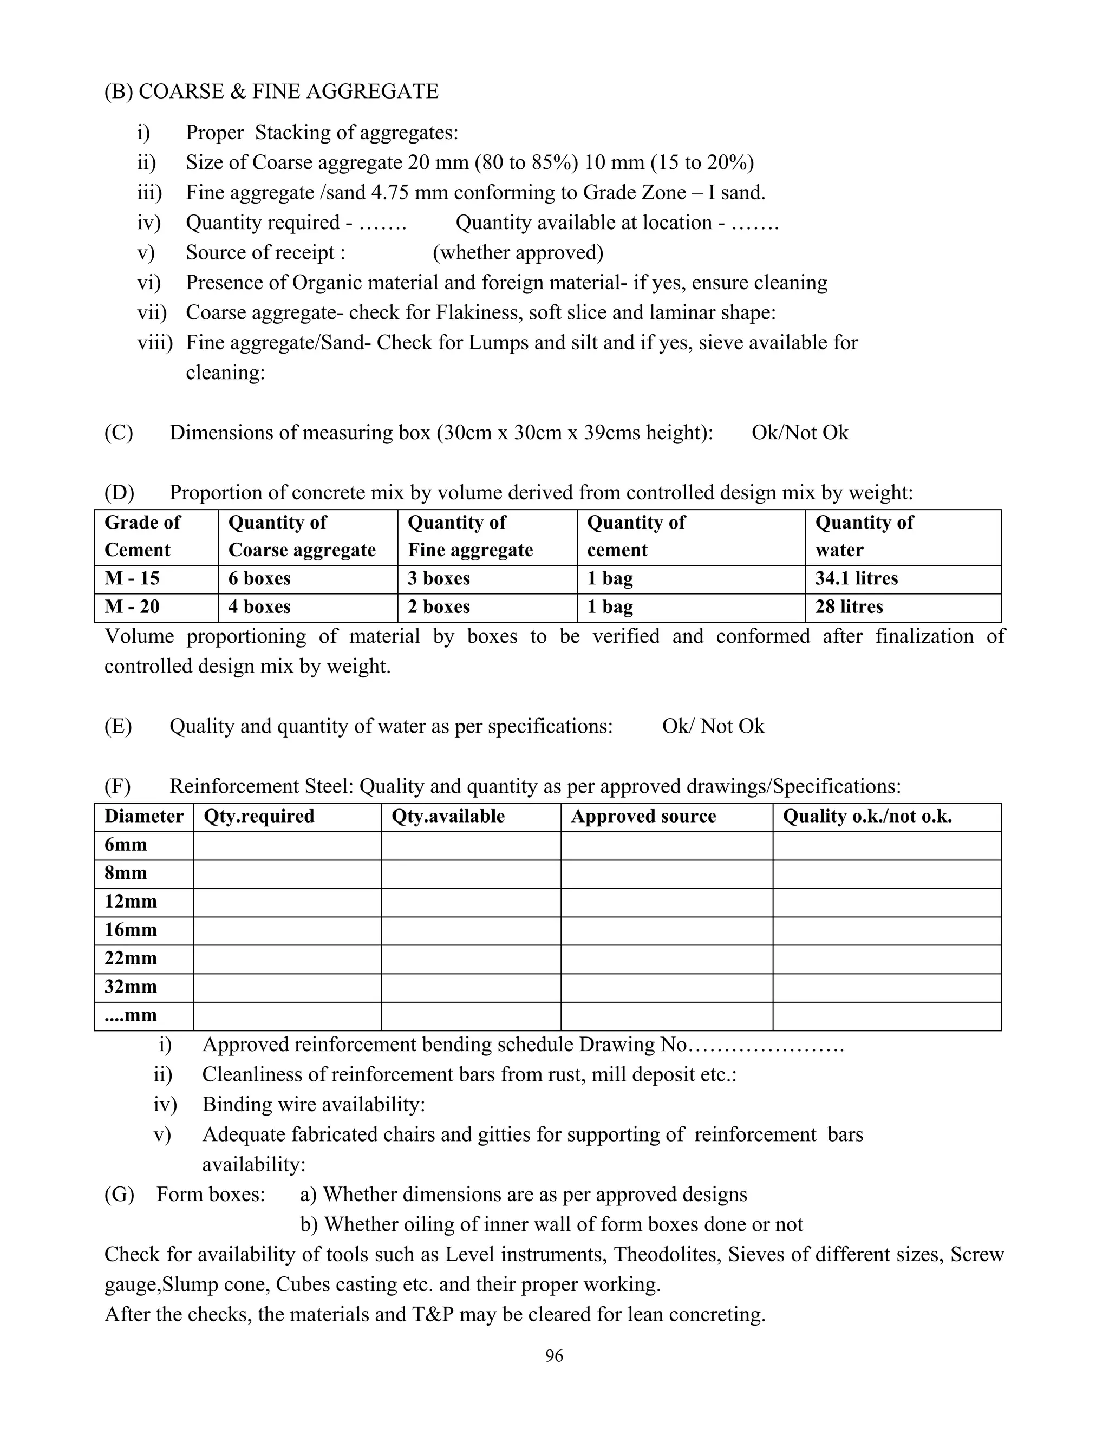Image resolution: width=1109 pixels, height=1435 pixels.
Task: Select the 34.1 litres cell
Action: (856, 579)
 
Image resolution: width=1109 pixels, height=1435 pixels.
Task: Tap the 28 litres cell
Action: (849, 607)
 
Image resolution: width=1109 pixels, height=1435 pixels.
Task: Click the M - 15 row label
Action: (132, 579)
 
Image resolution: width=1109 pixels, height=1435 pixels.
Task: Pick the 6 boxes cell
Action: (259, 579)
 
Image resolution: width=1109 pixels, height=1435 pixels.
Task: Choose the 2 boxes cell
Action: (438, 607)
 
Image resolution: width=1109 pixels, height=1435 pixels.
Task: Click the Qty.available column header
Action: (448, 817)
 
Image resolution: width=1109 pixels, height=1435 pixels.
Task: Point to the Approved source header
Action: (643, 817)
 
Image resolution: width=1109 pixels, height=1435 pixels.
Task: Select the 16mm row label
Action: (131, 930)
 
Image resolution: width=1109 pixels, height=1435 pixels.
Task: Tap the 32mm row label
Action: (131, 987)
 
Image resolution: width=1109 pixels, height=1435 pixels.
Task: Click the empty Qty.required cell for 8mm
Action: (287, 874)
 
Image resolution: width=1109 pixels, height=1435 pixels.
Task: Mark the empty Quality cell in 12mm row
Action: (886, 902)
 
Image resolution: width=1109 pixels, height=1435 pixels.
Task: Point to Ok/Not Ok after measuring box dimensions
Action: (800, 433)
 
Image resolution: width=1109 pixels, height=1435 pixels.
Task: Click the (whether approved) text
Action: (518, 253)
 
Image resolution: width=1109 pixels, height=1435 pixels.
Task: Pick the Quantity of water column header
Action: (864, 536)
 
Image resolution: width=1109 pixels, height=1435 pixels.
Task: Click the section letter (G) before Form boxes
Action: (119, 1194)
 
